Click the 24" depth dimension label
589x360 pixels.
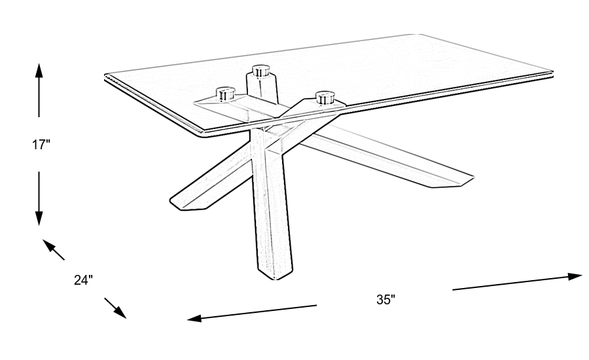pyautogui.click(x=83, y=280)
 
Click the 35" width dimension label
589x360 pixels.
pyautogui.click(x=386, y=300)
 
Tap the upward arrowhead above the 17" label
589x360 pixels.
pyautogui.click(x=39, y=69)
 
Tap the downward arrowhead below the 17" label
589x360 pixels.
pyautogui.click(x=39, y=219)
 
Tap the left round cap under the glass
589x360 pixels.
pyautogui.click(x=226, y=93)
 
